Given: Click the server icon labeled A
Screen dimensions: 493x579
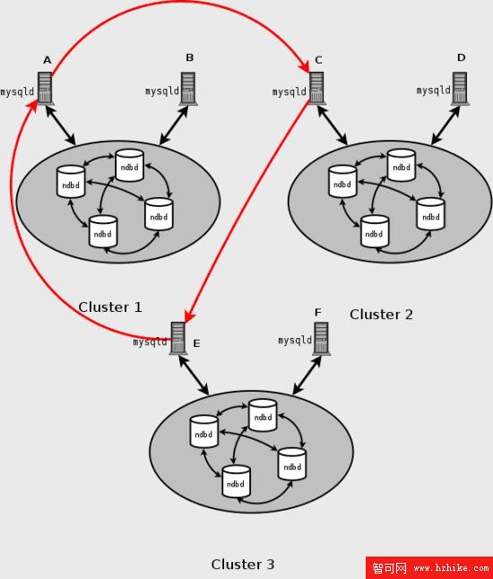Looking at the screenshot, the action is point(45,88).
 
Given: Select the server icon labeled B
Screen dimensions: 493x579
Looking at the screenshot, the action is point(188,89).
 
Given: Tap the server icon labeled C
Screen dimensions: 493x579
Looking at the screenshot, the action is point(316,88).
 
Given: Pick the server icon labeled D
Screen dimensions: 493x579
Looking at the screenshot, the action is point(460,89).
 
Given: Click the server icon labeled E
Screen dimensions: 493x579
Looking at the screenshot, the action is point(178,338).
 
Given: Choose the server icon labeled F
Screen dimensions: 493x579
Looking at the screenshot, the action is point(321,338).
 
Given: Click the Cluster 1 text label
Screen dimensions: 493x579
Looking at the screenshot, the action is point(110,307).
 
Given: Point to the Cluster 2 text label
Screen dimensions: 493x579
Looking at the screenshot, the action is point(381,315).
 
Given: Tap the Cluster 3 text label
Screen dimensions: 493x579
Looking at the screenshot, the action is point(243,565).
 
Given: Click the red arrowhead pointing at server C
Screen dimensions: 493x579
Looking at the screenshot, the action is point(305,66).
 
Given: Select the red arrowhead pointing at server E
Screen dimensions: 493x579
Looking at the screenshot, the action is point(189,316).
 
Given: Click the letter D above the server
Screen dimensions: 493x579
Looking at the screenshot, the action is point(462,57).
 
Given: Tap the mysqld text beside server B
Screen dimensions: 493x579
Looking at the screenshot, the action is point(162,91).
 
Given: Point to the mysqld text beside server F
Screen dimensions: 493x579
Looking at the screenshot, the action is point(295,340).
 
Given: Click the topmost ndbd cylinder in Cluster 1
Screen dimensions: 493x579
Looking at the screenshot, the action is point(129,166).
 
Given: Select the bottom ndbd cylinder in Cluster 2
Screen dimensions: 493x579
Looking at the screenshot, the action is point(375,231).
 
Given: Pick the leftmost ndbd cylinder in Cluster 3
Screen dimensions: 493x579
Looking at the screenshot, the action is point(203,432).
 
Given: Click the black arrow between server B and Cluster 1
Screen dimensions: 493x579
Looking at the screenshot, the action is point(174,125).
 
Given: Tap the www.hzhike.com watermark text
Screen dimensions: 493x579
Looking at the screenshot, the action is point(451,567).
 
